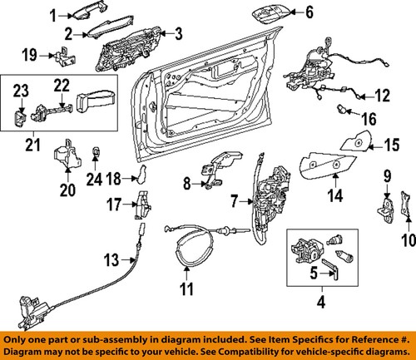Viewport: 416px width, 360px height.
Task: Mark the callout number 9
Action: [x=387, y=176]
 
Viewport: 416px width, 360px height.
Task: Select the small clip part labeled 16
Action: [x=342, y=110]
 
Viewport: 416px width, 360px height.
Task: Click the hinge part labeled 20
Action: [x=65, y=157]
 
